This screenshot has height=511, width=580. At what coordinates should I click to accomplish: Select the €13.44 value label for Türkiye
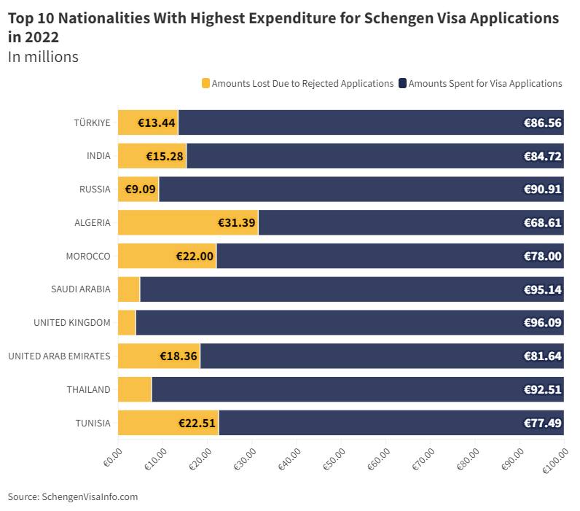click(x=157, y=122)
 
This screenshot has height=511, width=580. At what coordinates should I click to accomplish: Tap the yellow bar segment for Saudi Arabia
click(x=128, y=289)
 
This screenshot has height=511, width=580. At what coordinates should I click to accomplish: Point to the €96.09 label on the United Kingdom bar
click(x=542, y=323)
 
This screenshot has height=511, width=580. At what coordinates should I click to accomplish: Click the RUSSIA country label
click(x=95, y=190)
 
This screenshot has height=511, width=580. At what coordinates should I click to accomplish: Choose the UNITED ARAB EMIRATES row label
click(x=59, y=356)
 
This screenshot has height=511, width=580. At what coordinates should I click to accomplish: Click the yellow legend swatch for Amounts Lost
click(x=205, y=83)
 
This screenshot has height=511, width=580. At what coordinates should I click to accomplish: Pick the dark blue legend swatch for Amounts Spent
click(x=402, y=83)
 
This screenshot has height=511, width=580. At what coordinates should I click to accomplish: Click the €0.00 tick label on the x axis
click(x=112, y=459)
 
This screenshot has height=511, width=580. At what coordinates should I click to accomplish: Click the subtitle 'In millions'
click(x=43, y=57)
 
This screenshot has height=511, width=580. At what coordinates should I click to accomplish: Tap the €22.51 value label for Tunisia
click(x=197, y=423)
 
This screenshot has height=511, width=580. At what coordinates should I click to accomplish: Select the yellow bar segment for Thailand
click(x=134, y=389)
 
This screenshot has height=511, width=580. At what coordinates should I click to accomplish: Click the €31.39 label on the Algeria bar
click(x=237, y=222)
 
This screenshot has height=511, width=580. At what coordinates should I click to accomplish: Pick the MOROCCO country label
click(x=88, y=256)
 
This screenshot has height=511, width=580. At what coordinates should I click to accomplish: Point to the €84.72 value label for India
click(x=542, y=156)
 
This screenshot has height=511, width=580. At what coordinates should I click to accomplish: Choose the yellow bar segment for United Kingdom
click(x=126, y=323)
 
